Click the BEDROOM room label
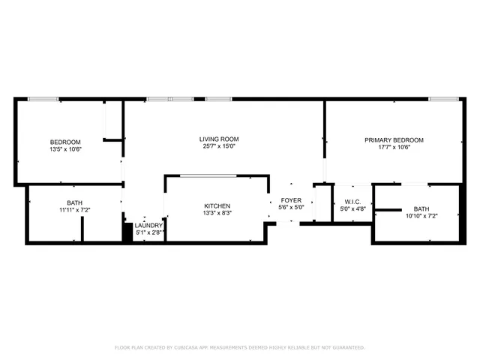[65, 142]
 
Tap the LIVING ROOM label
[218, 139]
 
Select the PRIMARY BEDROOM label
[394, 139]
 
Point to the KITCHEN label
[217, 205]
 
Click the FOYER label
[291, 200]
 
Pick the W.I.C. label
[352, 202]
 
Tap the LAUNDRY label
[149, 225]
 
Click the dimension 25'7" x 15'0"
[218, 147]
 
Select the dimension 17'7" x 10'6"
[394, 147]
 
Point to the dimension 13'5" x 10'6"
[65, 149]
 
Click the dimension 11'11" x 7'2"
[74, 211]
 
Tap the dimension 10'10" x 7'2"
[421, 217]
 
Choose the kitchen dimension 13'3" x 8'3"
[217, 213]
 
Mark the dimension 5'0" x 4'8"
[352, 209]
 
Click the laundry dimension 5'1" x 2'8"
[149, 232]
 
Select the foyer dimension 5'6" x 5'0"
[291, 208]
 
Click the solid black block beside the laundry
[127, 232]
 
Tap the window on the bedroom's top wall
[43, 98]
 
